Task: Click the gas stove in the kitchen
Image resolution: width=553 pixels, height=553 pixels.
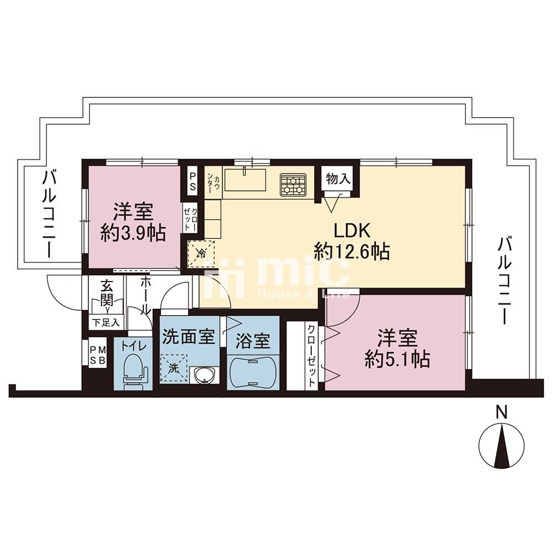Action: point(293,185)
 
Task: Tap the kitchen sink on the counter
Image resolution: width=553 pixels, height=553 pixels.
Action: point(245,180)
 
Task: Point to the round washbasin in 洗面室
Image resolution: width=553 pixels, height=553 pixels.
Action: point(204,375)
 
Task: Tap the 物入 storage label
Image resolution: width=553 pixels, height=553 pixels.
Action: point(338,179)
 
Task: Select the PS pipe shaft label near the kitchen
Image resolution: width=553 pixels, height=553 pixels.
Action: point(192,181)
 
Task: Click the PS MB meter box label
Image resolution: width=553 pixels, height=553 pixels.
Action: point(97,356)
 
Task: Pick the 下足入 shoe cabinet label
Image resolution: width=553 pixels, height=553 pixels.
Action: point(106,322)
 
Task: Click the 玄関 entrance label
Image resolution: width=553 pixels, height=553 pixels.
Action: point(107,293)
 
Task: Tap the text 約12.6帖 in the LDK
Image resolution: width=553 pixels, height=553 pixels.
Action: point(352,252)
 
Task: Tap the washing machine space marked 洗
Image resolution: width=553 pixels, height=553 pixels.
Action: point(173,368)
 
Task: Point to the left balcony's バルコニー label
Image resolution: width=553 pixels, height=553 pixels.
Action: point(49,214)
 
